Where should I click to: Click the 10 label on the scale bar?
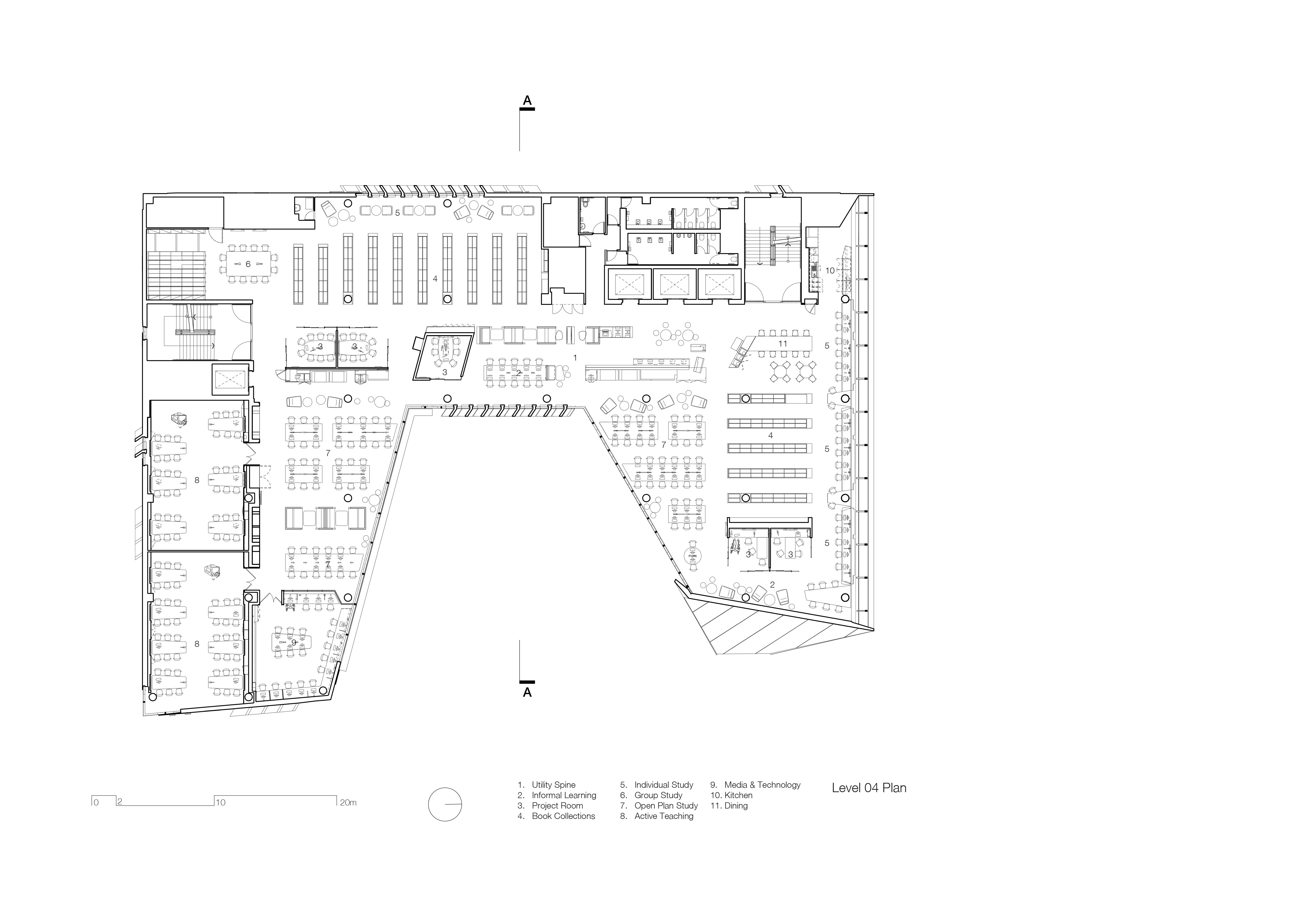coord(221,803)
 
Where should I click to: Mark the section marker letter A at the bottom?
coord(527,692)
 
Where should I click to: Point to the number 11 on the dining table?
coord(783,344)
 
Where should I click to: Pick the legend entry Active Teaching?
coord(664,816)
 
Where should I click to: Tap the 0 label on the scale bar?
coord(96,803)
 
